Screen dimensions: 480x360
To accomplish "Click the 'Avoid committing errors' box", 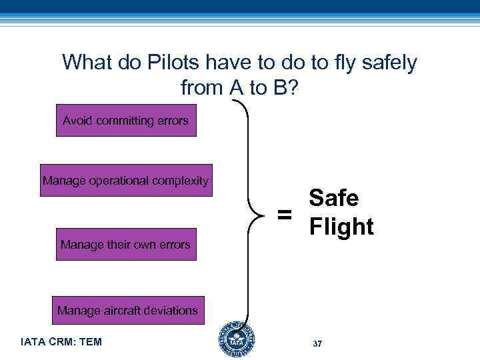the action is [x=126, y=121].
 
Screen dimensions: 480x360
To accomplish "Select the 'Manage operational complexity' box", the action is [x=126, y=180].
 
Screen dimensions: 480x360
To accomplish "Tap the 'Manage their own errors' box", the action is [x=126, y=244].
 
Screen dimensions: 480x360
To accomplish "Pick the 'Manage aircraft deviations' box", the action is [x=127, y=310].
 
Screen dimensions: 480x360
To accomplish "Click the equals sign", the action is [x=285, y=215].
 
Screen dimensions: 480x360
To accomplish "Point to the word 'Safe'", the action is [x=334, y=198].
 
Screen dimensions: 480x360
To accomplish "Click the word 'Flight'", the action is [x=341, y=227].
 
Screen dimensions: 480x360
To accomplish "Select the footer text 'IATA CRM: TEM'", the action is [x=61, y=342].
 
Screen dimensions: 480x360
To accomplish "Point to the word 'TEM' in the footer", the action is [x=90, y=342].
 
